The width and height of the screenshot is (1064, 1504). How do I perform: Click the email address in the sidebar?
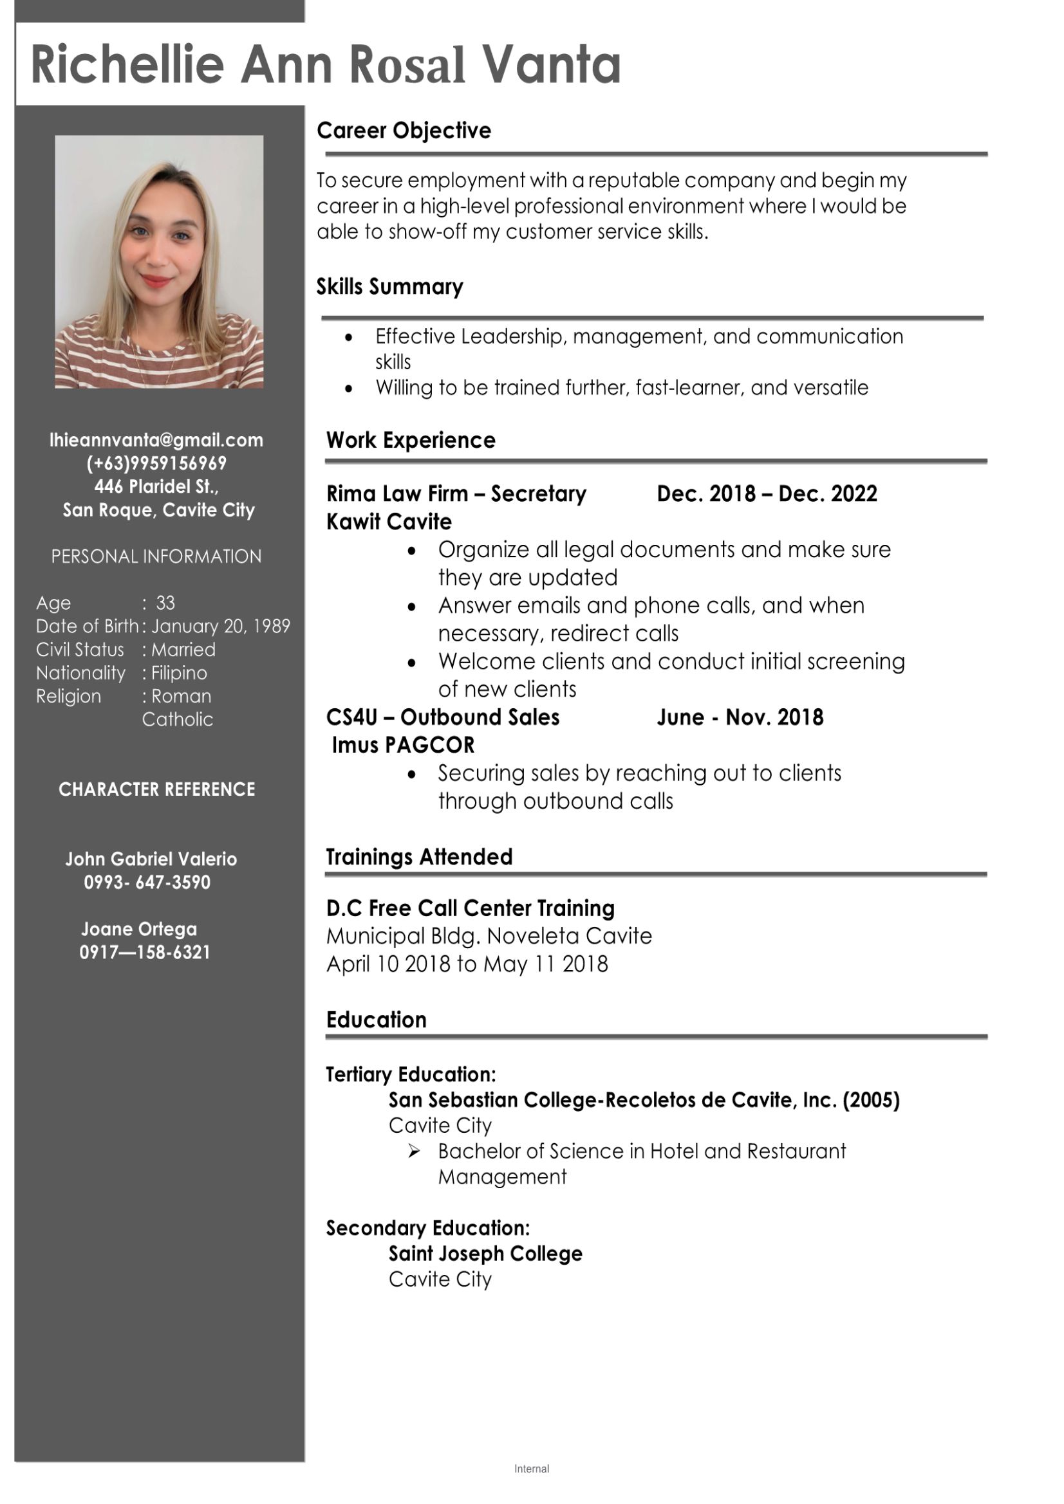156,440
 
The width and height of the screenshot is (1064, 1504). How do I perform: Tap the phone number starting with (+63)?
156,463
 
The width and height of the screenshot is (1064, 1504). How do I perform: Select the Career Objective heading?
404,131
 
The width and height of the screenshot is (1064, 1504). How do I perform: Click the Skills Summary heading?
389,287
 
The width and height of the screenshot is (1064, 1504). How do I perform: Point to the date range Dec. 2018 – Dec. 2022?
767,494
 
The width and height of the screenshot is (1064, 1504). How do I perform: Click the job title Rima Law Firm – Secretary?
456,494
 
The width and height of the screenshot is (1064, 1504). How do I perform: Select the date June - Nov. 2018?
740,717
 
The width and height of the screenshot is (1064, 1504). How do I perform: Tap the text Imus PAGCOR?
402,746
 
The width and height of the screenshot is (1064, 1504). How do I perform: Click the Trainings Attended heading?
419,857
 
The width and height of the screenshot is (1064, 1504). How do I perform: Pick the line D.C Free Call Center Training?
470,908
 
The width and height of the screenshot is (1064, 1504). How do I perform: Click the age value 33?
165,603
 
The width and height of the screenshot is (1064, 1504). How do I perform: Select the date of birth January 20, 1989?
221,626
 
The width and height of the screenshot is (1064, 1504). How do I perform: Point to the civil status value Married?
183,650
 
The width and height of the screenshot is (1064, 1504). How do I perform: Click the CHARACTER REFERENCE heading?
156,789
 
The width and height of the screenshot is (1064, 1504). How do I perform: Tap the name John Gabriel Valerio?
151,859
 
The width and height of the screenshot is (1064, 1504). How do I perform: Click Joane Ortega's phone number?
145,953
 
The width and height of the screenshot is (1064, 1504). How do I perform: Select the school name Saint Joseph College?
485,1254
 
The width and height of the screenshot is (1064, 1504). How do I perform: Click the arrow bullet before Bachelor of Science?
414,1151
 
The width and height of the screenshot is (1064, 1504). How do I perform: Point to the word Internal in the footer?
532,1469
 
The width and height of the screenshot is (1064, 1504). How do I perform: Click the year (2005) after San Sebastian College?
871,1100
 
